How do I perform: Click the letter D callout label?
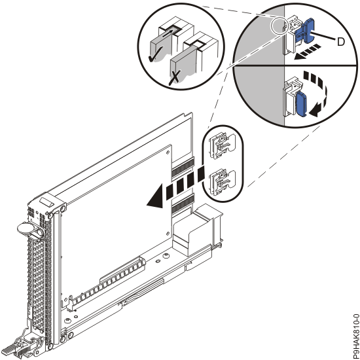341,42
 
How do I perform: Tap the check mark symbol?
156,54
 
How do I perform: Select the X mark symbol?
175,78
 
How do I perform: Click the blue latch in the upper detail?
304,31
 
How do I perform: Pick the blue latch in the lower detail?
301,104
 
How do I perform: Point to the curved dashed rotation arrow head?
315,113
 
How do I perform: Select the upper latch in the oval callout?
222,146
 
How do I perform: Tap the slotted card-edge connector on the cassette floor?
107,282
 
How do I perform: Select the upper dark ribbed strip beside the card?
183,168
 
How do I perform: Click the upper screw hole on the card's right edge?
168,152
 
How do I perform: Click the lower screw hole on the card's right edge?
168,234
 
